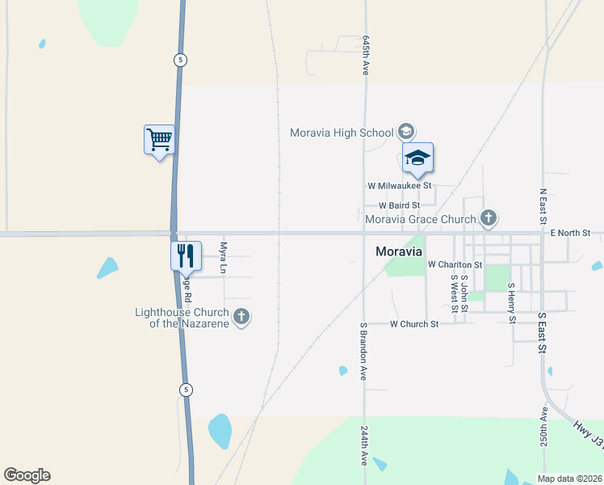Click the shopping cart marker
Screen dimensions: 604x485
(x=159, y=140)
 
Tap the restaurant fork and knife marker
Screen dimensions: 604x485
(x=186, y=255)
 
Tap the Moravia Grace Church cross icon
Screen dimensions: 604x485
(x=488, y=217)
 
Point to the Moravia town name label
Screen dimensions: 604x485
(x=399, y=251)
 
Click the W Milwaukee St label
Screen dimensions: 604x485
(x=399, y=186)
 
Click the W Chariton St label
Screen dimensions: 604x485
(x=455, y=264)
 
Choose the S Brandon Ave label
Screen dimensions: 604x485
(x=364, y=351)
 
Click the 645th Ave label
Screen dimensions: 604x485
(x=366, y=55)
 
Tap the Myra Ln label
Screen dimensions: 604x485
(x=224, y=258)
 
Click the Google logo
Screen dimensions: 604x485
(x=27, y=475)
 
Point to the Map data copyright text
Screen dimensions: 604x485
(x=569, y=479)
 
